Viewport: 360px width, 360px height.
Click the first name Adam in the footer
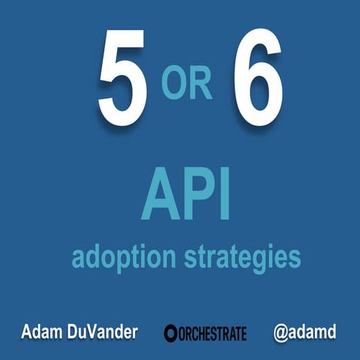(x=41, y=331)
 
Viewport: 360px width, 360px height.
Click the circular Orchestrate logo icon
(x=170, y=332)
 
